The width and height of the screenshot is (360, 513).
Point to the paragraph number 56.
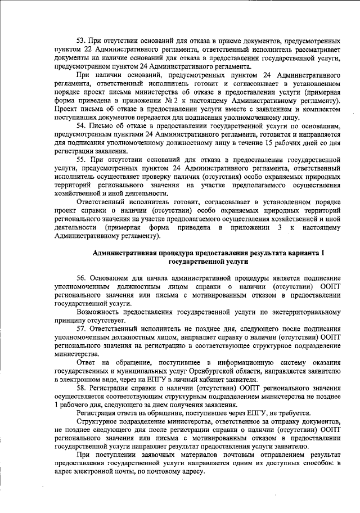click(80, 279)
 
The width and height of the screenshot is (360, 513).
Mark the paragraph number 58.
click(80, 389)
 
